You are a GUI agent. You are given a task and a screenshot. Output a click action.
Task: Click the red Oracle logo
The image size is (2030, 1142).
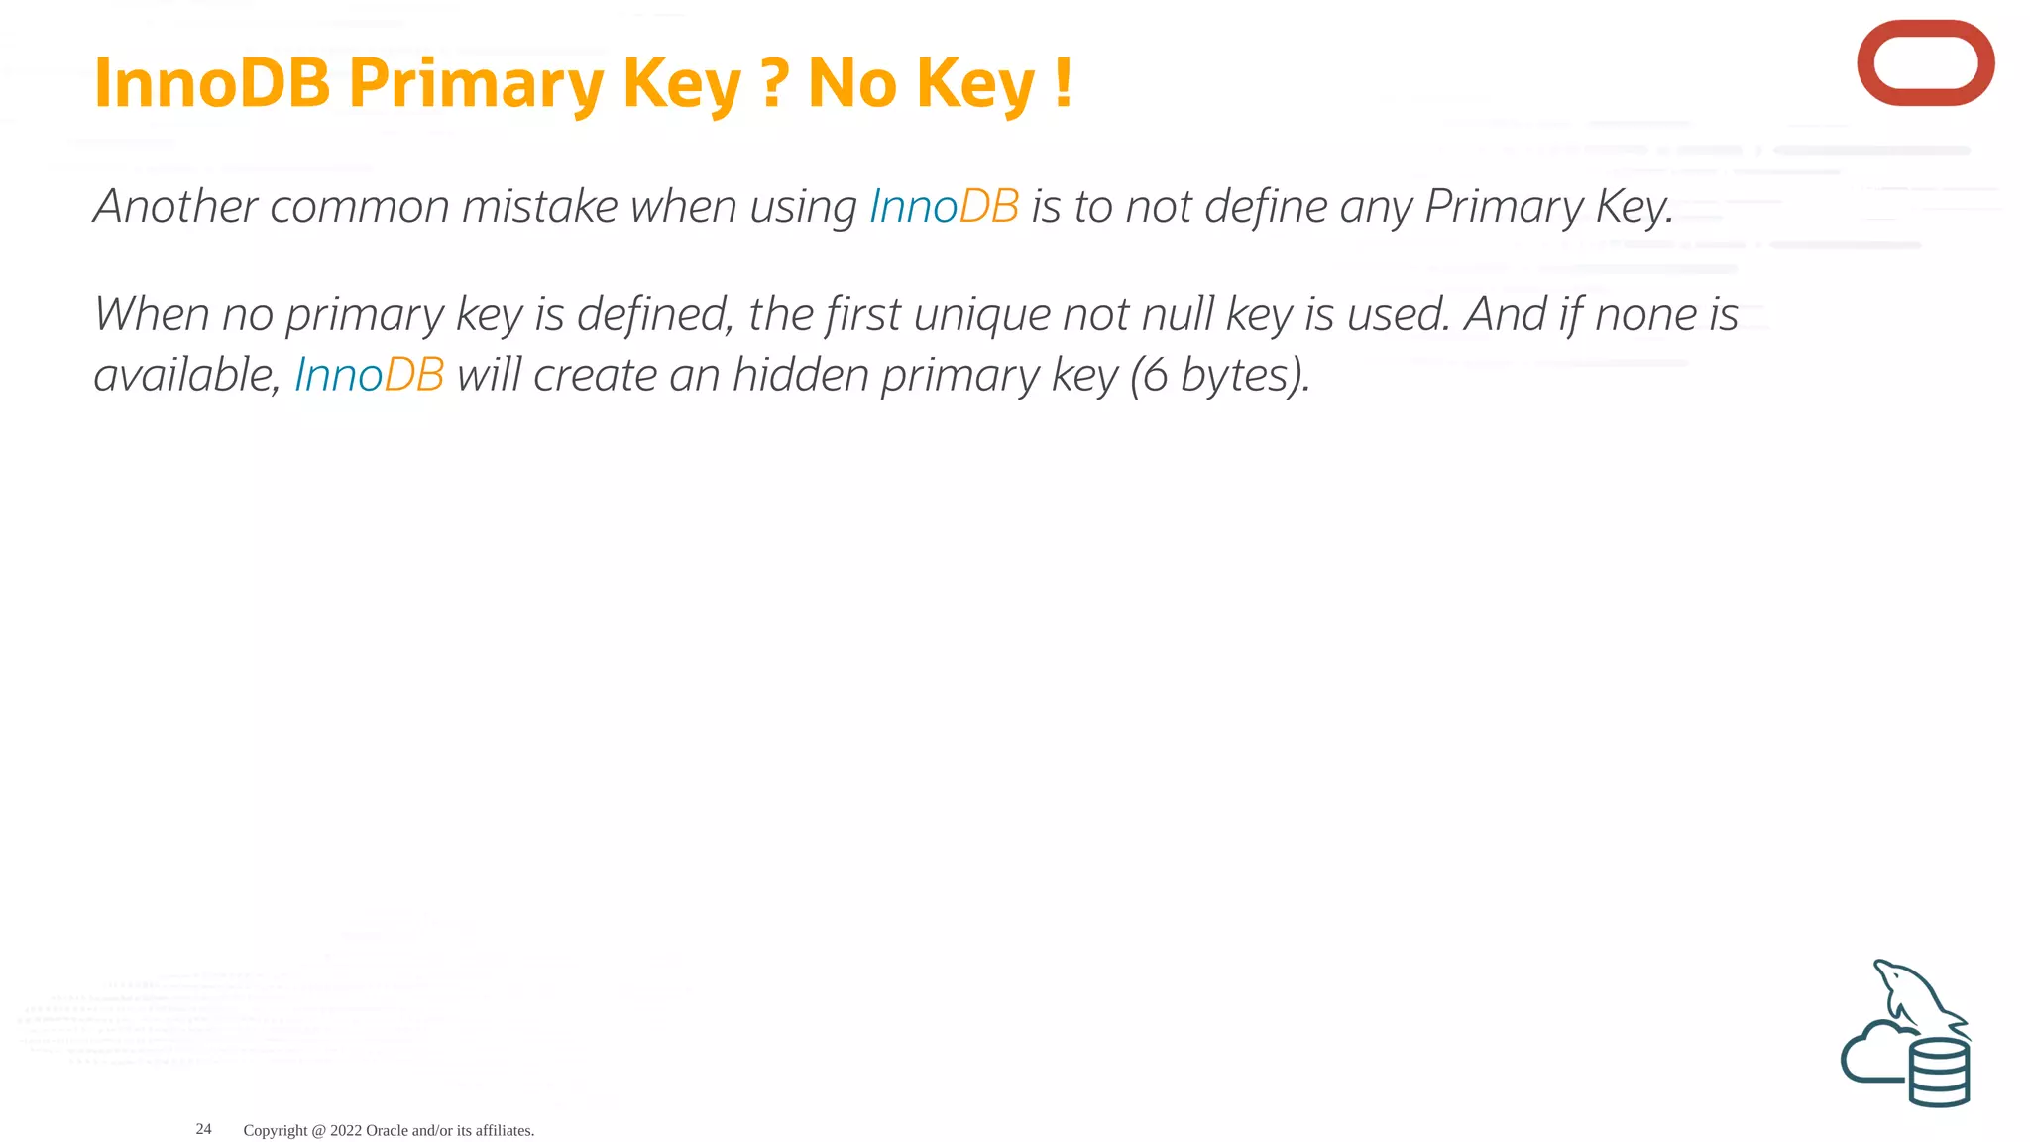[x=1925, y=63]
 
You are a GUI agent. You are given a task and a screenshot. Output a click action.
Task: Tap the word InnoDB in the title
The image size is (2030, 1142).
[x=211, y=83]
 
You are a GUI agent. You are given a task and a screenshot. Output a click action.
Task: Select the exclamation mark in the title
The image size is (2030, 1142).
[x=1064, y=83]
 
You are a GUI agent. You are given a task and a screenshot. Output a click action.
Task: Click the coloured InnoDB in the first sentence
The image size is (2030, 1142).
[x=944, y=207]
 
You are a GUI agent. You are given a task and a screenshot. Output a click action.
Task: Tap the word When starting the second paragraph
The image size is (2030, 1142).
[x=152, y=315]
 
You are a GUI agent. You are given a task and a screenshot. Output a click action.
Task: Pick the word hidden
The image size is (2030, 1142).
[x=800, y=376]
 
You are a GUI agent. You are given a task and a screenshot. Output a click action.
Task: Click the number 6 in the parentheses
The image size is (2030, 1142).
[x=1155, y=376]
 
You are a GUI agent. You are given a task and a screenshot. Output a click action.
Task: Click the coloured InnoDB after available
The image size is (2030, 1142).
[x=369, y=376]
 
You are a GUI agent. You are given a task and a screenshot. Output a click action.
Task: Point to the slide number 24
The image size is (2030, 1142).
[x=203, y=1129]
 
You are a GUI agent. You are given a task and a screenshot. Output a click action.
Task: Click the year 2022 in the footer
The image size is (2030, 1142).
[x=345, y=1130]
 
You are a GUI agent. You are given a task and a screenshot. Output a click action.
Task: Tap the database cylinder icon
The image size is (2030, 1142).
[x=1939, y=1072]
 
